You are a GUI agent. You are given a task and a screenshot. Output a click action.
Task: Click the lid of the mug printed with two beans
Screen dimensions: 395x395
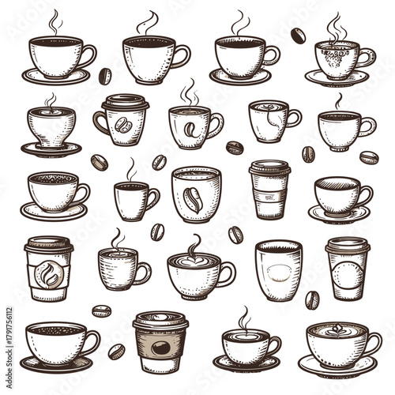(x=125, y=101)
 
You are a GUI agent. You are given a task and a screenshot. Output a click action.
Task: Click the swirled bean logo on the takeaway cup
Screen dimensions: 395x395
(x=49, y=275)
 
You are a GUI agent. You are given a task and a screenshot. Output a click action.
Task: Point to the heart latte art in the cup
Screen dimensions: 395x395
(x=193, y=261)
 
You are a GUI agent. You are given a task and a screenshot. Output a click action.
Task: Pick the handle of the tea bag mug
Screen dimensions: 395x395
(x=293, y=118)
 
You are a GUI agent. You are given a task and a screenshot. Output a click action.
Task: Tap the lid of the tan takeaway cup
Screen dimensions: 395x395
(x=159, y=321)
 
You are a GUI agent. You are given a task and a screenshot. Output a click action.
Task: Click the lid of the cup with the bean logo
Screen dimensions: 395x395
(x=48, y=246)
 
